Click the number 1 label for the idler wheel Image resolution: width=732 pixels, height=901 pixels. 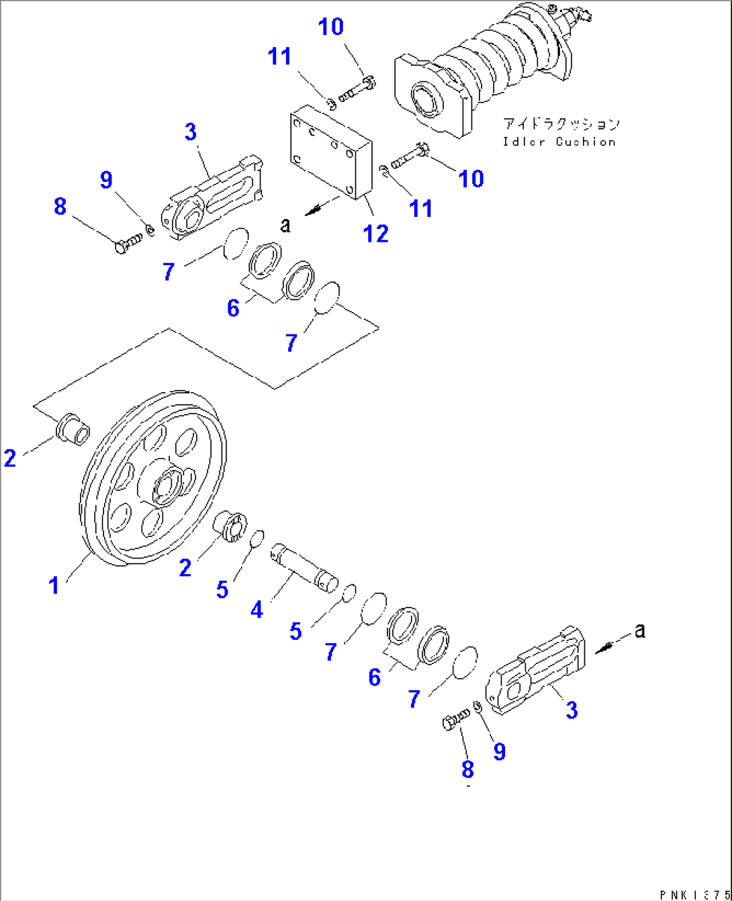(x=54, y=585)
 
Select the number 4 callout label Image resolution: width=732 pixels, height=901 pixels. (x=257, y=610)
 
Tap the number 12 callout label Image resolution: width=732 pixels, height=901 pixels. (x=375, y=234)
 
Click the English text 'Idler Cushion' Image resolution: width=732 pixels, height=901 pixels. (x=559, y=142)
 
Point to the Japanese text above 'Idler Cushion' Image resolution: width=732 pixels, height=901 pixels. (x=561, y=124)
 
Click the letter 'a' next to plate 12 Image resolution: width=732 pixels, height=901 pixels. (x=286, y=225)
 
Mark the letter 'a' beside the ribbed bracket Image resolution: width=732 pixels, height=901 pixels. (x=640, y=630)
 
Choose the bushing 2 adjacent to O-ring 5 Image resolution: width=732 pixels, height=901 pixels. (x=231, y=525)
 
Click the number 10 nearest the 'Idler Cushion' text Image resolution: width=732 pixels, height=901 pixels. (x=471, y=179)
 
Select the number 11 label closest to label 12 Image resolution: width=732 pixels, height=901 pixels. (x=420, y=208)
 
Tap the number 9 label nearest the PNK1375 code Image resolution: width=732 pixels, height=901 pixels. (x=499, y=751)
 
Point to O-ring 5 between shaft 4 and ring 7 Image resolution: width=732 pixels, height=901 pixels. (x=348, y=594)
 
